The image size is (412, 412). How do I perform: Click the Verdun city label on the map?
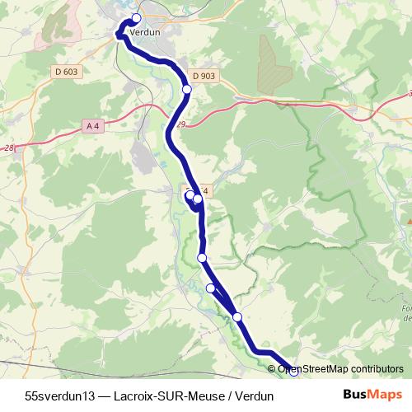click(144, 32)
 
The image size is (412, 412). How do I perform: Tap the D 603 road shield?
click(67, 72)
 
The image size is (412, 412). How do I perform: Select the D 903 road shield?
click(207, 76)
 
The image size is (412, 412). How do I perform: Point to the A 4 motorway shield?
click(93, 125)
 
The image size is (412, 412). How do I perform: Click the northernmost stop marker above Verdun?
click(136, 19)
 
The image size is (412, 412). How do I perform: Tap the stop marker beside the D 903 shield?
click(187, 89)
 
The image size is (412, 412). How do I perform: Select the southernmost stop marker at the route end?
click(293, 372)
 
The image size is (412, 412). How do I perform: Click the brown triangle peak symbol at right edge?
click(408, 221)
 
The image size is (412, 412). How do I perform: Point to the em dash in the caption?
click(104, 395)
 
